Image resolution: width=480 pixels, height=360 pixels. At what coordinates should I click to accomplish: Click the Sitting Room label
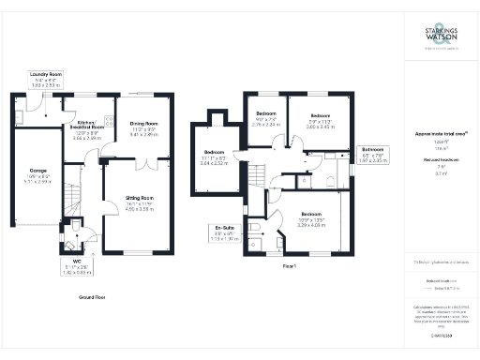tap(140, 202)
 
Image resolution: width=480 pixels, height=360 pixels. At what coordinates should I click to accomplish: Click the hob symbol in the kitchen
tap(108, 121)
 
